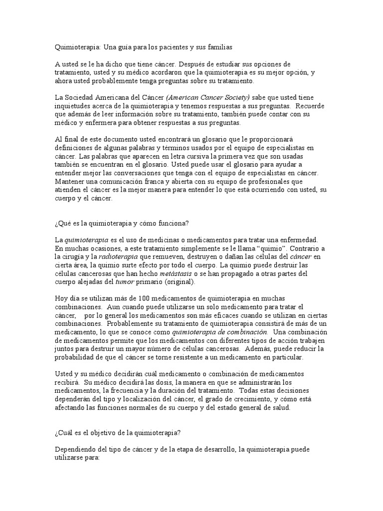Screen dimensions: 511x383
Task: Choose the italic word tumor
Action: [x=125, y=282]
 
